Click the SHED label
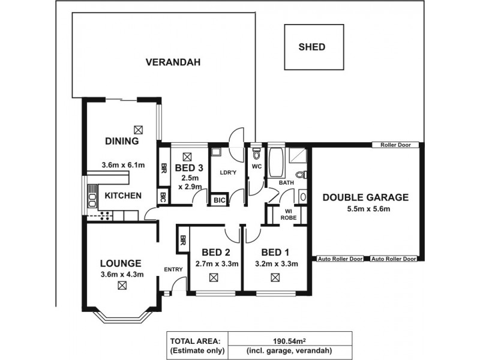click(311, 47)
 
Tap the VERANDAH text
click(173, 62)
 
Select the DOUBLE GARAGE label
click(365, 197)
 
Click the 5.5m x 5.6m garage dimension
click(365, 209)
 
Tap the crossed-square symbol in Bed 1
click(275, 278)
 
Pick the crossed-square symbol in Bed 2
click(214, 278)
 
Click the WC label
click(256, 166)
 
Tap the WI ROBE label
click(287, 215)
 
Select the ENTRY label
click(173, 269)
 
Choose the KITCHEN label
click(124, 196)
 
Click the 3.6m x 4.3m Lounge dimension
click(121, 275)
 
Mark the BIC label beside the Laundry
click(218, 200)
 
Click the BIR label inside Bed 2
click(182, 242)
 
